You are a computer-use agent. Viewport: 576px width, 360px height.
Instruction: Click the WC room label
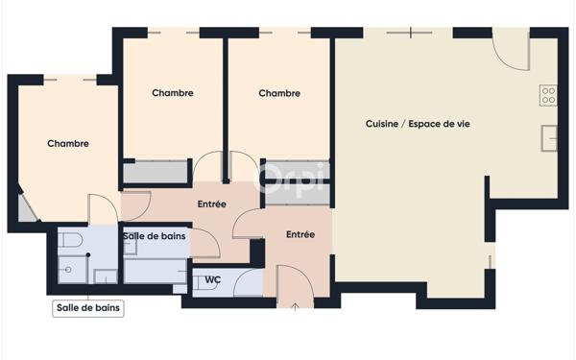click(213, 280)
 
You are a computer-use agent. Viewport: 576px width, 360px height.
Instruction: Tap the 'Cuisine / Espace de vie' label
click(418, 124)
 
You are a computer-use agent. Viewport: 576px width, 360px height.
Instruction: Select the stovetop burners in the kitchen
click(548, 95)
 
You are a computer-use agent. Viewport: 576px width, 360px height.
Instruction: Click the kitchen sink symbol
click(549, 138)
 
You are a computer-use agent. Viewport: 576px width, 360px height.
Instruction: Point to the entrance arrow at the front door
click(296, 307)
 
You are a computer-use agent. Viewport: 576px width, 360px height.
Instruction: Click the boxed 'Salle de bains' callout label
click(88, 308)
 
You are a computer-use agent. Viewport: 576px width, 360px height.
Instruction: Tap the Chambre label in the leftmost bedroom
click(68, 143)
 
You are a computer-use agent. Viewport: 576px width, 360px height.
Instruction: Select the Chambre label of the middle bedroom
click(173, 92)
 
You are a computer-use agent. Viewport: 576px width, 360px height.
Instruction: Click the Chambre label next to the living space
click(279, 93)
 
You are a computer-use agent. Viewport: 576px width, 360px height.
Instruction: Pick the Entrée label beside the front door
click(300, 234)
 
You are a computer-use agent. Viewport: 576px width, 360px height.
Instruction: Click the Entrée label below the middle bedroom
click(211, 204)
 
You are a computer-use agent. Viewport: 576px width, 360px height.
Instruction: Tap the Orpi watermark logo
click(290, 178)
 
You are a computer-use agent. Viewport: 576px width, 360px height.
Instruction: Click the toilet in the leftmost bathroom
click(70, 240)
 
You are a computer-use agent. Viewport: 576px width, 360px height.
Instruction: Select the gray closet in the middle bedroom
click(156, 172)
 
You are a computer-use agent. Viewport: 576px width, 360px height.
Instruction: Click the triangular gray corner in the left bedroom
click(26, 208)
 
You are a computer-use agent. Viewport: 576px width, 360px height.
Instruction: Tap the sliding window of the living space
click(410, 33)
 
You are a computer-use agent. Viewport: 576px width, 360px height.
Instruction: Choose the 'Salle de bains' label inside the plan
click(155, 236)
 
